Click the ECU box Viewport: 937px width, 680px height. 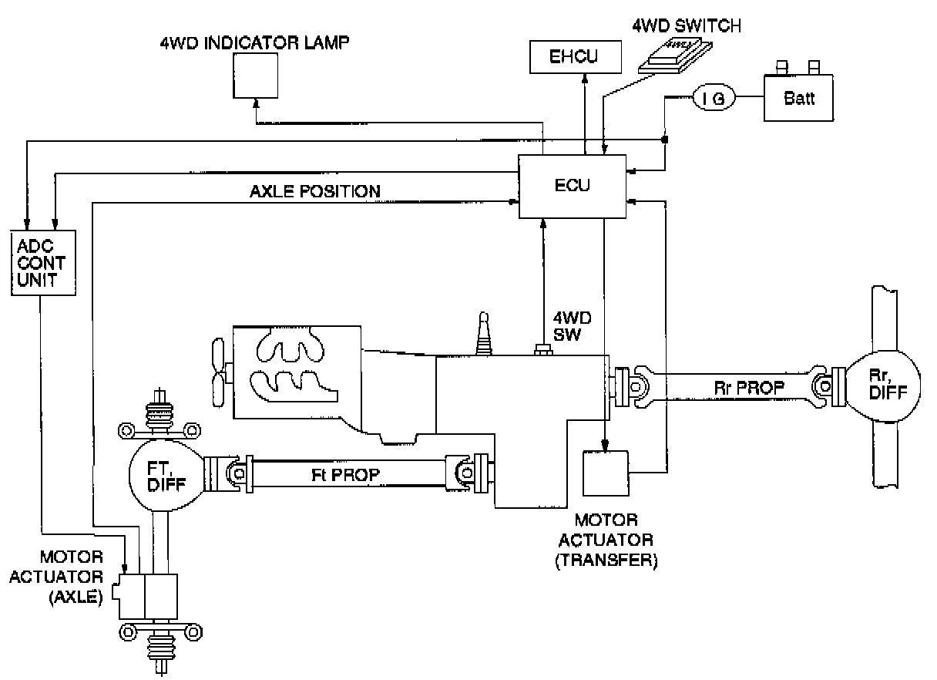pos(573,187)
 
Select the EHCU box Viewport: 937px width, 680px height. pos(575,57)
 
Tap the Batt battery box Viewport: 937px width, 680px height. pos(798,98)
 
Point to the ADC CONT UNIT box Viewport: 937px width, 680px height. pos(43,263)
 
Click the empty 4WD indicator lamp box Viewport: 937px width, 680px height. pos(255,76)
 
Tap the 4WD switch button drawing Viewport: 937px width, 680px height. pos(675,55)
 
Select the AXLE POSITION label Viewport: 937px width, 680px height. pos(315,192)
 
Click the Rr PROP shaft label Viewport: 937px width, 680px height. pos(749,389)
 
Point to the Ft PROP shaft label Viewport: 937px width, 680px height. pos(345,475)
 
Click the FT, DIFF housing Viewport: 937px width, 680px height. pos(166,476)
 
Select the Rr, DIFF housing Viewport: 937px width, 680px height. pos(882,385)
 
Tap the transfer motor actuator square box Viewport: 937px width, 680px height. pos(606,473)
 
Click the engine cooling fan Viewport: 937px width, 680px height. pos(218,373)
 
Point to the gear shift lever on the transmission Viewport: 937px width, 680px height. pos(483,334)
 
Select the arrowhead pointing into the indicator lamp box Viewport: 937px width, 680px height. pos(256,103)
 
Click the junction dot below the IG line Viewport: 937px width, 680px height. pos(665,140)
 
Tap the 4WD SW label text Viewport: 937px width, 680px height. pos(572,326)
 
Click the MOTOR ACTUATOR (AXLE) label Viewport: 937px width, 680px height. pos(56,577)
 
